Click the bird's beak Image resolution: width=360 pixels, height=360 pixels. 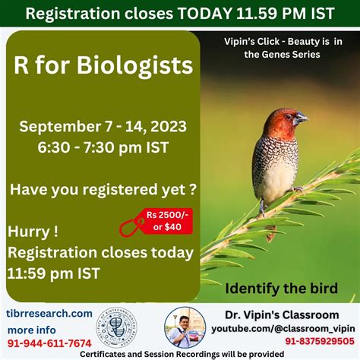click(x=302, y=118)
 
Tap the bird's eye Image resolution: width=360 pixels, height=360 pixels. click(x=292, y=115)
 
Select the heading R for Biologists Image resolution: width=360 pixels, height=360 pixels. click(x=103, y=66)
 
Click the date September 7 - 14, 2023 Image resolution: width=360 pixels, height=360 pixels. click(x=103, y=126)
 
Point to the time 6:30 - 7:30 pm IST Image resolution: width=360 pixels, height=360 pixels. click(x=103, y=148)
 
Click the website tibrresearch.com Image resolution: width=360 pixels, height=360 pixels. click(x=51, y=313)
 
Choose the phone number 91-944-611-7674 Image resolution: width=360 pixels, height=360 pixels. click(x=49, y=343)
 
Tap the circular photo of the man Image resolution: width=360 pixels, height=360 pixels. click(x=185, y=327)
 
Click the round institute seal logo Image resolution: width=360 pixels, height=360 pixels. click(x=125, y=328)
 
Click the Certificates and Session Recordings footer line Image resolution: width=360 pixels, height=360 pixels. click(x=180, y=354)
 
